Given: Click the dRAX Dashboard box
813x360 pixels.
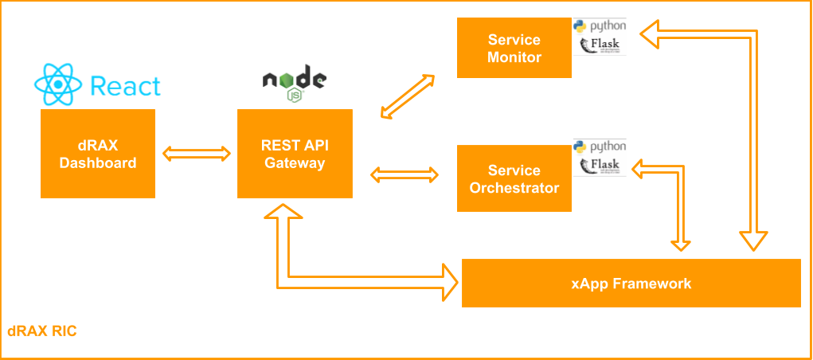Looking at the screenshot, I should pos(97,154).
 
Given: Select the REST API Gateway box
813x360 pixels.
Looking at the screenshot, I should pos(295,154).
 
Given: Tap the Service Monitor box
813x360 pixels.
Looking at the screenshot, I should pos(514,49).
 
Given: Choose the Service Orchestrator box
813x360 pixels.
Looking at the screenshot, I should pos(514,179).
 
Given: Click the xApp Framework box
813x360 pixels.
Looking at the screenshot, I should pos(631,283).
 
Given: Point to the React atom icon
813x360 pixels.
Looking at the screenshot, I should pos(58,84).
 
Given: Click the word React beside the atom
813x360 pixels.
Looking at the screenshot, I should pos(125,86).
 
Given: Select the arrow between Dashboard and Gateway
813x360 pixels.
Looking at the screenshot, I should pos(196,153).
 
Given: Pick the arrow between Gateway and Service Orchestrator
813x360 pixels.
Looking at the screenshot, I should pos(405,174).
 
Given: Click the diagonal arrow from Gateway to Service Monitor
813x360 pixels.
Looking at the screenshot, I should pos(407,96).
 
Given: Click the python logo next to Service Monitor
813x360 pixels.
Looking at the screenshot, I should pos(600,26).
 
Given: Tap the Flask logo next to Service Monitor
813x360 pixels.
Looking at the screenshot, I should pos(600,45).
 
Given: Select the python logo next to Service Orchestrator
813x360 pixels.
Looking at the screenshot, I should pos(600,147).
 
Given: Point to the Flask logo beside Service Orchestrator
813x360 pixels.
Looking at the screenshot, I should pos(600,166).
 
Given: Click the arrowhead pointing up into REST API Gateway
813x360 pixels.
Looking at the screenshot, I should pos(283,213).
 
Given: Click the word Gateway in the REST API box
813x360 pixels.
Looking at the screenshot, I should pos(295,163).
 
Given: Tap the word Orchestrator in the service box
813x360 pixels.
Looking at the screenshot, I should pos(514,189).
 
